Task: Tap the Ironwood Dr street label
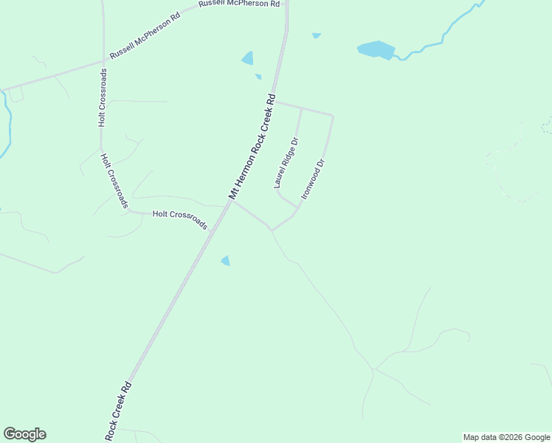pyautogui.click(x=314, y=180)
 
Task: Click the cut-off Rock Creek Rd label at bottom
pyautogui.click(x=118, y=411)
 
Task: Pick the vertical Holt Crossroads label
pyautogui.click(x=103, y=97)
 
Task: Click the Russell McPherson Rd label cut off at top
pyautogui.click(x=239, y=4)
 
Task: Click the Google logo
pyautogui.click(x=24, y=434)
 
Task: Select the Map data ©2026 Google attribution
pyautogui.click(x=506, y=437)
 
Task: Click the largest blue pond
pyautogui.click(x=376, y=49)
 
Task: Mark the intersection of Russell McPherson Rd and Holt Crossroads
pyautogui.click(x=103, y=62)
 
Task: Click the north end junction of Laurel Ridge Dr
pyautogui.click(x=301, y=109)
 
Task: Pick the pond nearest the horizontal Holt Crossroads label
pyautogui.click(x=225, y=261)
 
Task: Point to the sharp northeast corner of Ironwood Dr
pyautogui.click(x=332, y=116)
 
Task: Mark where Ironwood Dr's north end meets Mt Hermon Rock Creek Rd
pyautogui.click(x=275, y=102)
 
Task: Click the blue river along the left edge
pyautogui.click(x=7, y=118)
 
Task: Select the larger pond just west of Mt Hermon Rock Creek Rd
pyautogui.click(x=248, y=58)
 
